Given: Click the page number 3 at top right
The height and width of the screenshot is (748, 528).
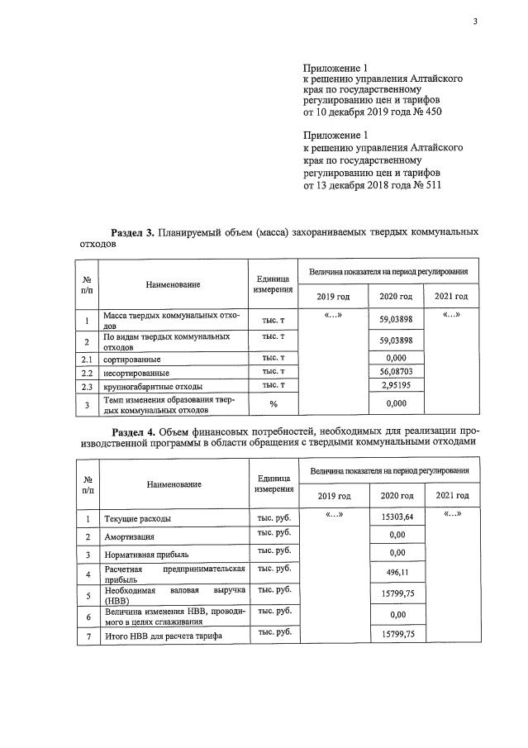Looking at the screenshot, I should (475, 22).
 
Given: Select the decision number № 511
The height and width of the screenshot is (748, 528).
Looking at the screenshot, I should (425, 186).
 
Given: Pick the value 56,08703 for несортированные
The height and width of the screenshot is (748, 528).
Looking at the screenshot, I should (395, 373).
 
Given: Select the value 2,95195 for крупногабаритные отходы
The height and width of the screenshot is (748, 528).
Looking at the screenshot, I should (395, 386).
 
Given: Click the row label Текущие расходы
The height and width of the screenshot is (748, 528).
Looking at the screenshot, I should (137, 519).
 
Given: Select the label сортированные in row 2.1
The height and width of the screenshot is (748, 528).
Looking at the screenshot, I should (131, 360).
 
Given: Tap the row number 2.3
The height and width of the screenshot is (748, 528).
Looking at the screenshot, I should (86, 386).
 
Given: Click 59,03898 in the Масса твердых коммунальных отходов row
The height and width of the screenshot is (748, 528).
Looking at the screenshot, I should (395, 318).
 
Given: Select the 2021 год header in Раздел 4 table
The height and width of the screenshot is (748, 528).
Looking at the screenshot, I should (450, 495).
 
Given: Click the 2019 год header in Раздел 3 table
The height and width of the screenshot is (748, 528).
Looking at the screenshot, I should (333, 296).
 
